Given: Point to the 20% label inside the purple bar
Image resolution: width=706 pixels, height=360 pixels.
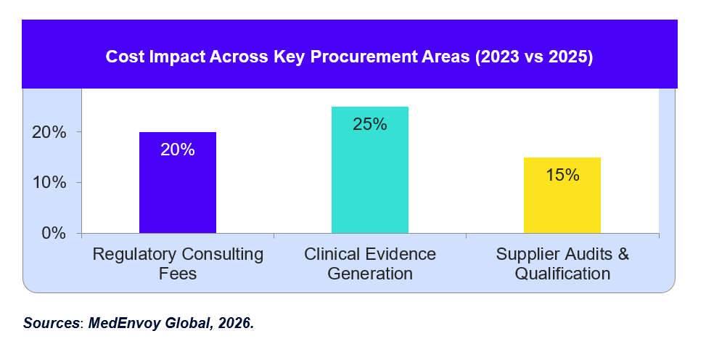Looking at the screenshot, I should (177, 150).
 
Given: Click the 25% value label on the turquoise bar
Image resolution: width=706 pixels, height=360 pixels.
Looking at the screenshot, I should (370, 124).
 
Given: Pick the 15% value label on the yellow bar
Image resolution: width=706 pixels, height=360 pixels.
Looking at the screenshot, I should (562, 175).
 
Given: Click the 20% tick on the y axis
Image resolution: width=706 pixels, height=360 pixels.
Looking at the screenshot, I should (49, 133).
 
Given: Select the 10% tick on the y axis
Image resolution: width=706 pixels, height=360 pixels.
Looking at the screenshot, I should (49, 183).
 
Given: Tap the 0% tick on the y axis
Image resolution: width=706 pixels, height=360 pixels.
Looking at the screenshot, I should (54, 233).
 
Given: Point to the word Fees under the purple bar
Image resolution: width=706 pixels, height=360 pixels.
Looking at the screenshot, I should (177, 274).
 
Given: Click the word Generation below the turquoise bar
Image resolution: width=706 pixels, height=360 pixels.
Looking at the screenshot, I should (370, 274).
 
